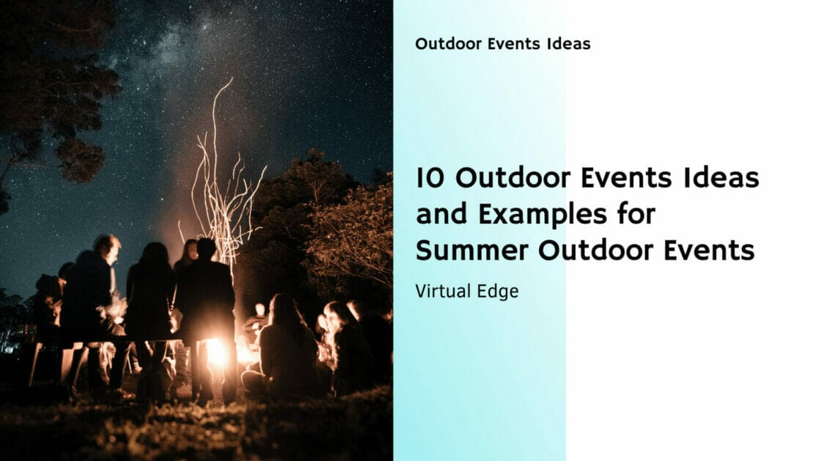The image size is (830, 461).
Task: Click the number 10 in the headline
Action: (x=427, y=179)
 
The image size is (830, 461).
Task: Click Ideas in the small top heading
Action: (x=568, y=44)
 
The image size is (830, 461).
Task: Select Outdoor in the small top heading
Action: (x=441, y=44)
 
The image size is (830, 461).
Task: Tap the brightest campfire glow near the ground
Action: (x=217, y=352)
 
